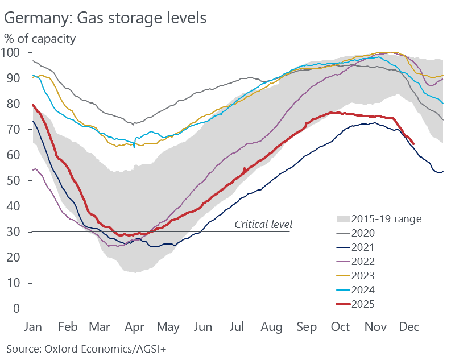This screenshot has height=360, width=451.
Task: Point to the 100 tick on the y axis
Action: pyautogui.click(x=12, y=52)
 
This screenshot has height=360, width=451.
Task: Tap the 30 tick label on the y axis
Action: pyautogui.click(x=15, y=232)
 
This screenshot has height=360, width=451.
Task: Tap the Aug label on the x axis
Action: pyautogui.click(x=271, y=328)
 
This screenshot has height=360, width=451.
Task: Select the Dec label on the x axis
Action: pyautogui.click(x=409, y=328)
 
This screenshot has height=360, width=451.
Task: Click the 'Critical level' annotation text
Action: pyautogui.click(x=263, y=224)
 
